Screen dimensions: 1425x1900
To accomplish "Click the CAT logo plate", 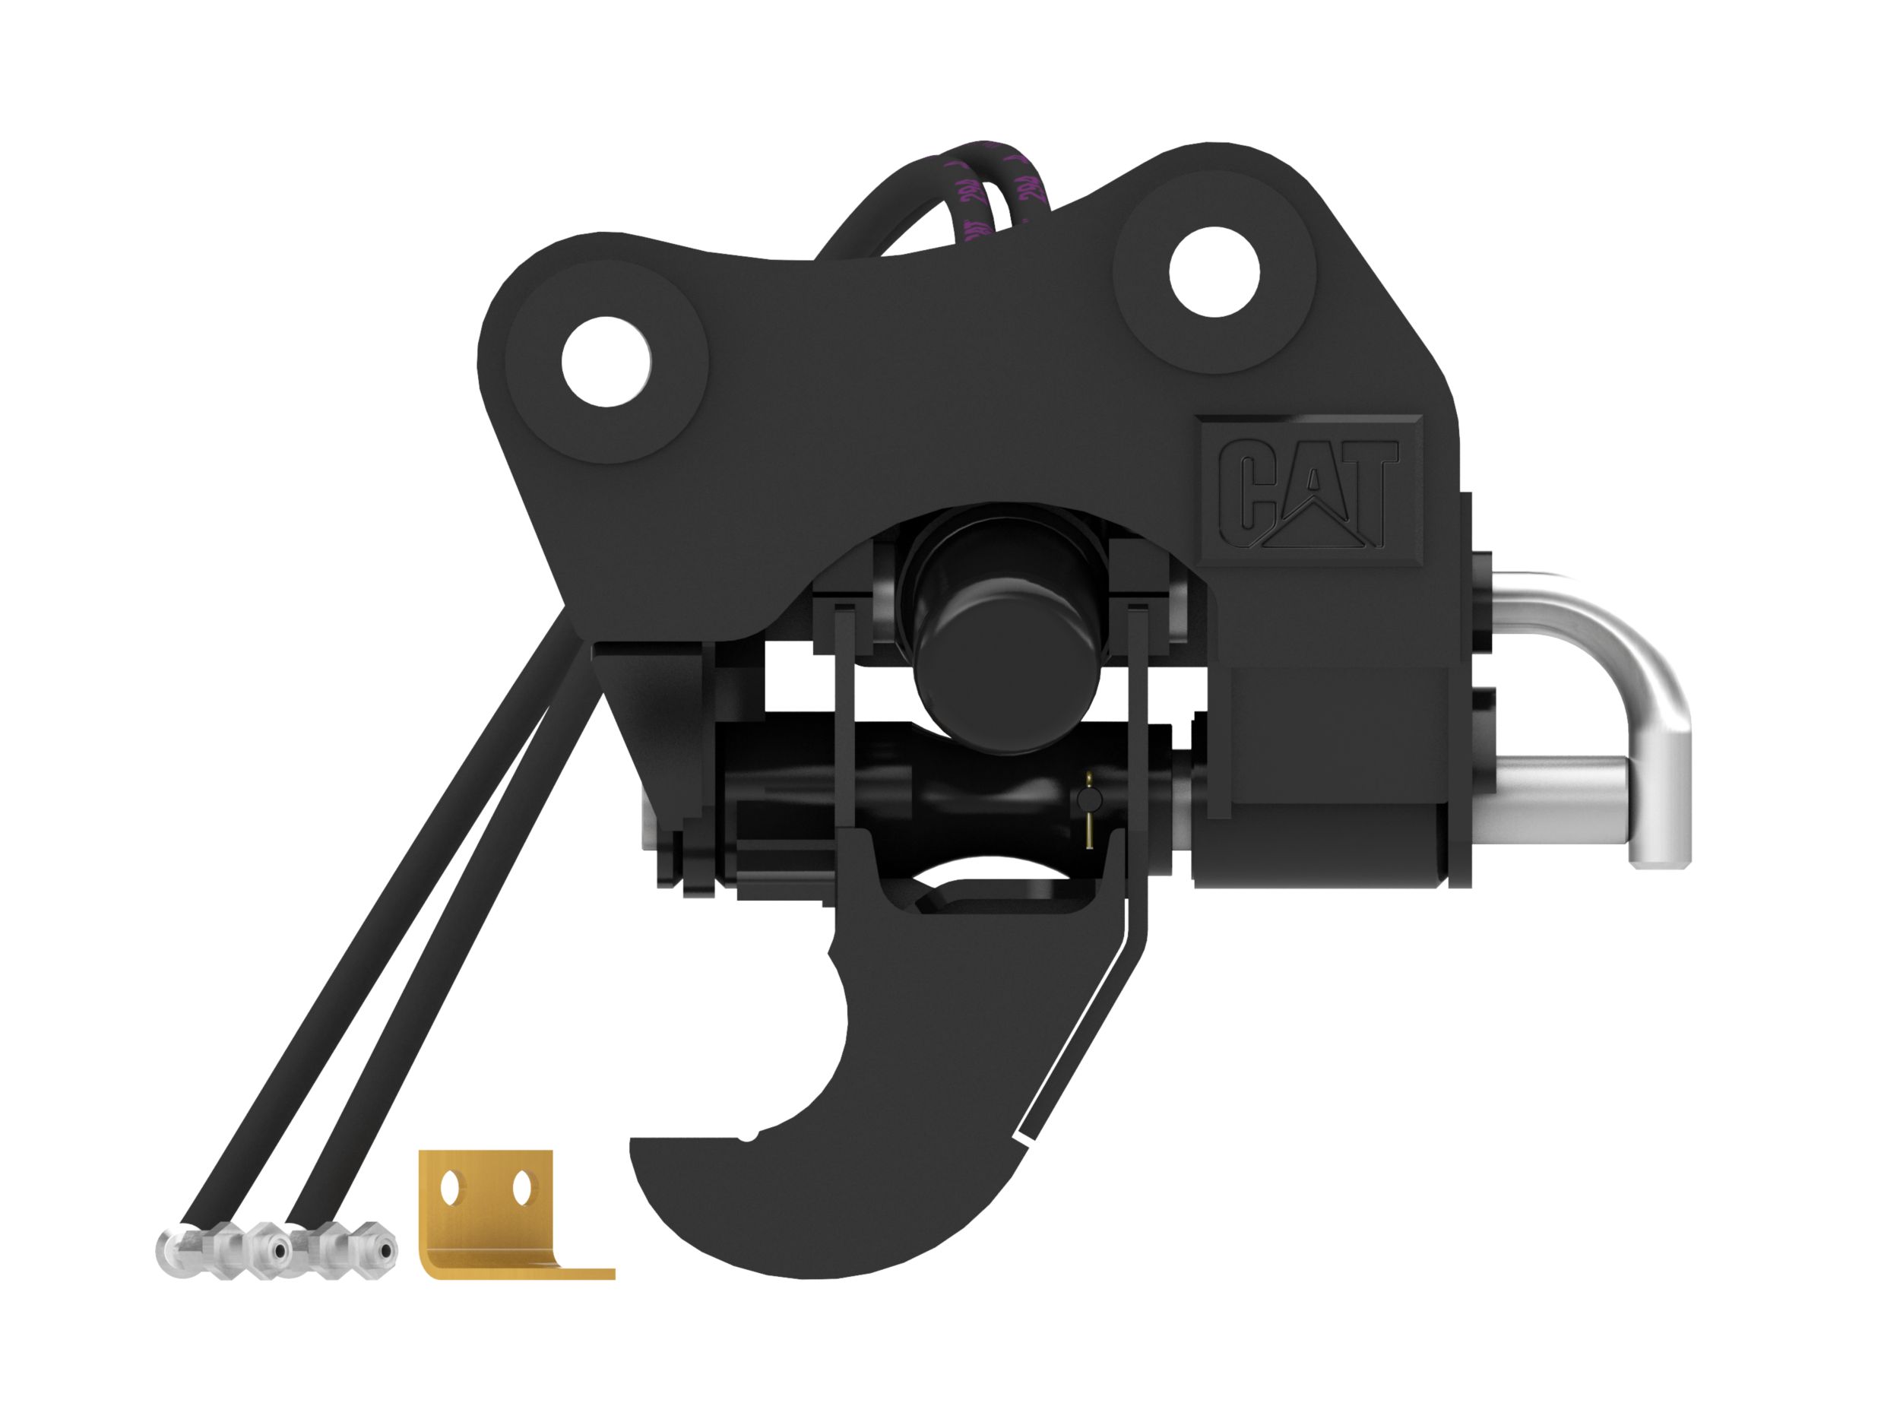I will (x=1309, y=490).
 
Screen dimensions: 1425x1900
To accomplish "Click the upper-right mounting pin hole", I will (x=1214, y=273).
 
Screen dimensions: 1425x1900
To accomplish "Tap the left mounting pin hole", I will (x=606, y=362).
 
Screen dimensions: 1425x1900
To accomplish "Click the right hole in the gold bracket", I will (x=520, y=1189).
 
